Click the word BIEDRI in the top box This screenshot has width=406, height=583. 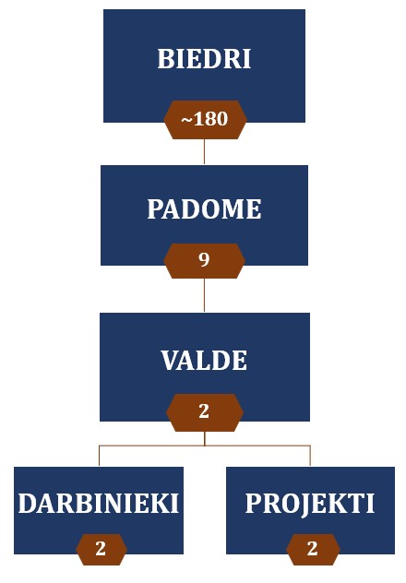pos(204,59)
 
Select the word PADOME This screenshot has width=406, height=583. pos(204,208)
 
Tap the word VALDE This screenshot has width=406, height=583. pos(204,360)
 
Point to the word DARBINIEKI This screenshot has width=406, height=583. pos(99,504)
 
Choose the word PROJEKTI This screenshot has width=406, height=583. pos(310,505)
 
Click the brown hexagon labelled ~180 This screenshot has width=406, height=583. pos(205,120)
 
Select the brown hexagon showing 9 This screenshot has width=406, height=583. pos(204,261)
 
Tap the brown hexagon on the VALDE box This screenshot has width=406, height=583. pos(205,412)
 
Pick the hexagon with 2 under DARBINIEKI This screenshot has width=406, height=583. pos(101,549)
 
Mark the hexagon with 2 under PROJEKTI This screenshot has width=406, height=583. pos(313,549)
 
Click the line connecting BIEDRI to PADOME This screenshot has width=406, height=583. pos(204,151)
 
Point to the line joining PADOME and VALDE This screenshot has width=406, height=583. pos(204,295)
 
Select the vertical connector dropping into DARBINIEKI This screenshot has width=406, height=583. pos(99,456)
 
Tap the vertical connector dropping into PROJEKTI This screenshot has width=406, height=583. pos(310,456)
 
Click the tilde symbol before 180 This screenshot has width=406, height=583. pos(186,121)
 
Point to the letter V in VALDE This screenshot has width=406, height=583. pos(171,360)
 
